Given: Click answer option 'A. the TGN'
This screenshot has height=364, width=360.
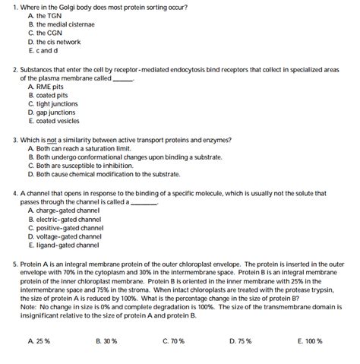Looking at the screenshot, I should (45, 16).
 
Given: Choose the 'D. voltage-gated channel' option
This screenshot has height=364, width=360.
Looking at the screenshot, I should (65, 236).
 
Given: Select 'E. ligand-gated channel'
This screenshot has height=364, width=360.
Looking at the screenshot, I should (63, 245).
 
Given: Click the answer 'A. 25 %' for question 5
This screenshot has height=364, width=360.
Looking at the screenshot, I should (39, 341).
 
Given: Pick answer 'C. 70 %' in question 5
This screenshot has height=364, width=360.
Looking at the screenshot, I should (174, 341).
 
